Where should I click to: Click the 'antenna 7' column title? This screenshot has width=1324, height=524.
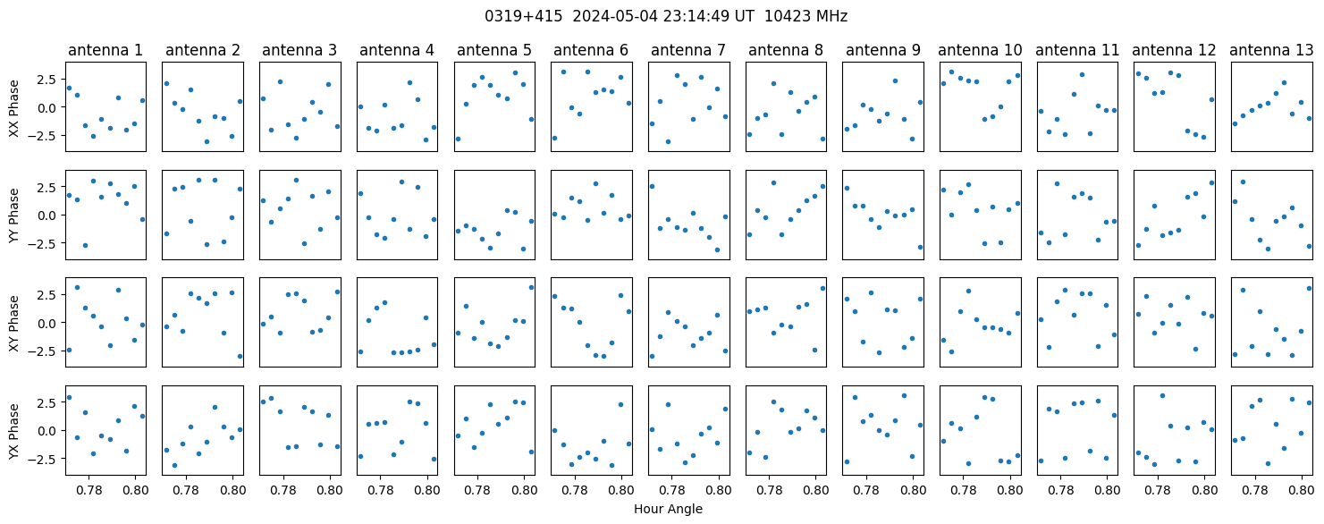point(688,51)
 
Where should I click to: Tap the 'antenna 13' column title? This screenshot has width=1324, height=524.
point(1271,51)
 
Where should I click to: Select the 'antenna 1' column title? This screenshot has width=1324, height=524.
point(105,51)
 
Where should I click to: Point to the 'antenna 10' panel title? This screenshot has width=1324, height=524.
point(980,51)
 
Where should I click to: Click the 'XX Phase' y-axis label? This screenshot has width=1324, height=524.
point(14,108)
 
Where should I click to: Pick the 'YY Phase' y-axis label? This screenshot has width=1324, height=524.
point(14,216)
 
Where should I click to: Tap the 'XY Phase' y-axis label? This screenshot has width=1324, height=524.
point(14,323)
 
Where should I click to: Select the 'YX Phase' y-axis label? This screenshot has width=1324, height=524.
point(14,431)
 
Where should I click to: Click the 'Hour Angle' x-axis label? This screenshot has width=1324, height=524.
point(668,509)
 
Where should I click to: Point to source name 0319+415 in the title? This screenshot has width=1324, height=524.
point(523,17)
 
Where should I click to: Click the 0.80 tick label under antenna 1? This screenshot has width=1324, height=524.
point(135,490)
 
